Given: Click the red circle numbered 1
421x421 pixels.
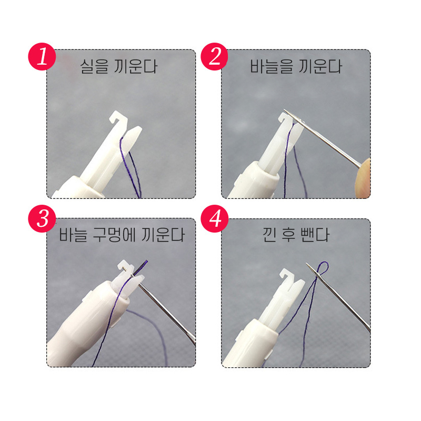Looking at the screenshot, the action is click(x=42, y=57).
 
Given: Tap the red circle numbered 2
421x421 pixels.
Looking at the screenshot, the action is click(x=215, y=57).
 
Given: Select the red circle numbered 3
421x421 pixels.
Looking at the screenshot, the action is click(x=42, y=218).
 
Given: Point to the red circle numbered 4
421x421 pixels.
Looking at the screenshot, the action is click(x=215, y=218).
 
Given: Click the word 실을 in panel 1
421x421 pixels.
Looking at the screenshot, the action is click(x=94, y=67).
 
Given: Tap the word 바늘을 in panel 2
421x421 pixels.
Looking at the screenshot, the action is click(x=271, y=67).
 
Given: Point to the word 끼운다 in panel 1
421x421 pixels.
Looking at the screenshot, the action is click(x=135, y=67).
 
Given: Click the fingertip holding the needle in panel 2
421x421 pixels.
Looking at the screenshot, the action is click(x=364, y=178).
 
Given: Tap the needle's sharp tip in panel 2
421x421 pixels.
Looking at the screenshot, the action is click(x=285, y=109).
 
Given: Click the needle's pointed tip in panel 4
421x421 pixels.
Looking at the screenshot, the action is click(x=307, y=264).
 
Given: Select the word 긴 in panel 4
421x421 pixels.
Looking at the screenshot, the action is click(x=269, y=235).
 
